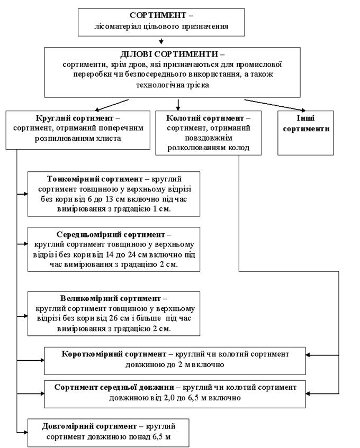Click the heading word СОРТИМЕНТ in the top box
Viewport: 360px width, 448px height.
coord(158,15)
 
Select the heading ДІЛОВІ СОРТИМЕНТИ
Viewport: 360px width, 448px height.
coord(169,54)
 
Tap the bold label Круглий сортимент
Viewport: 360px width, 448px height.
coord(75,118)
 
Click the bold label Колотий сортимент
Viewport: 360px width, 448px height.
coord(205,118)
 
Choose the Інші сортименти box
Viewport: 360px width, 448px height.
coord(305,133)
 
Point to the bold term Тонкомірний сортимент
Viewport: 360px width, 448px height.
coord(95,179)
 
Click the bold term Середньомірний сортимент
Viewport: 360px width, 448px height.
coord(111,234)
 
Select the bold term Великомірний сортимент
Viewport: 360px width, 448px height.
coord(110,298)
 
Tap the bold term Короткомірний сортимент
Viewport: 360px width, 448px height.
coord(114,354)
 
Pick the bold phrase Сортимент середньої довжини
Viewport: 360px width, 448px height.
coord(114,387)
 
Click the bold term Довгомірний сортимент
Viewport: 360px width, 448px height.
coord(89,426)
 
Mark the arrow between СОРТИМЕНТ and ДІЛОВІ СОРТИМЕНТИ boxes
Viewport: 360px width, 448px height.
coord(161,41)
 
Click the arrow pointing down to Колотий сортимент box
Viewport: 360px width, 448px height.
coord(178,105)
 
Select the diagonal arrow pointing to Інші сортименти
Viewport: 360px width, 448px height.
coord(275,105)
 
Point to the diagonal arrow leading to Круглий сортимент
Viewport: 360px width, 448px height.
coord(112,105)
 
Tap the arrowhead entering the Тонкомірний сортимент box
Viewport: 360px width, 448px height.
coord(26,194)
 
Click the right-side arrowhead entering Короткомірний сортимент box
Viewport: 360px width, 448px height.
coord(308,355)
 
